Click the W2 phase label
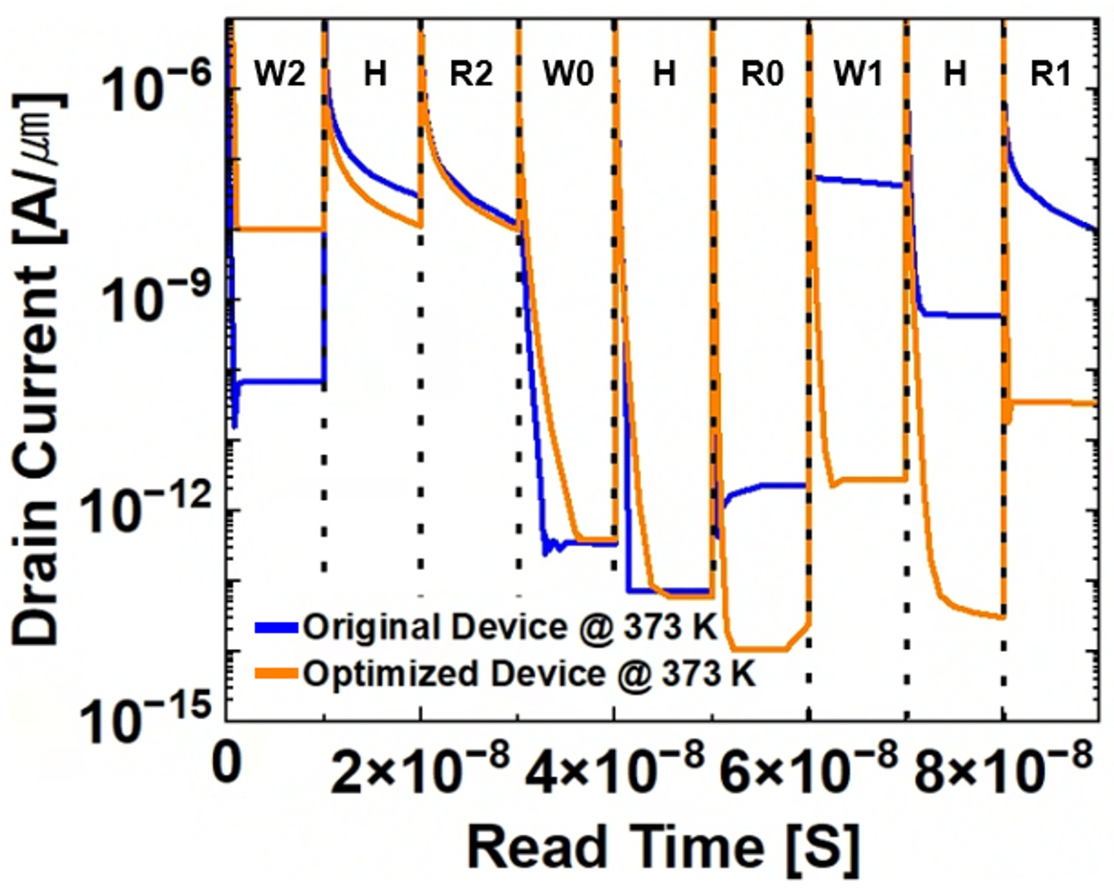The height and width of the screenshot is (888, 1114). coord(280,75)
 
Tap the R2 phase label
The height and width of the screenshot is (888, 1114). coord(471,75)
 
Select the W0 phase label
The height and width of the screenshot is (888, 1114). coord(568,75)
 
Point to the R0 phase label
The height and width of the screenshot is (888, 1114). coord(762,75)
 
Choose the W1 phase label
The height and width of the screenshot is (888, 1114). coord(858,75)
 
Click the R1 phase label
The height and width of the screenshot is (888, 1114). coord(1051,75)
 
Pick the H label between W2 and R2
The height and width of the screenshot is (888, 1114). coord(375,75)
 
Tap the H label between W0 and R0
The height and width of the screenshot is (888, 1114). coord(664,75)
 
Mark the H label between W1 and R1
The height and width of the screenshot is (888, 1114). coord(955,75)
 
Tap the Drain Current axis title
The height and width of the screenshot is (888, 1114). coord(38,370)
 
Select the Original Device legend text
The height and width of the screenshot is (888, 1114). coord(510,628)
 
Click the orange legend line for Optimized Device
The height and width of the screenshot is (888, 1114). coord(277,674)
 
